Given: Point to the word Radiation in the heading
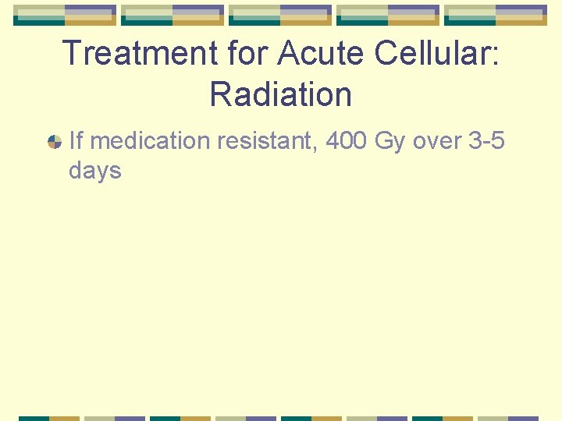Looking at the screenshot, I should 281,94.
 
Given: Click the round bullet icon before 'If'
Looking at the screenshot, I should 55,142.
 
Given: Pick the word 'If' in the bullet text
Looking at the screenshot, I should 76,141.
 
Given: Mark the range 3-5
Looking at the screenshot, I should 486,141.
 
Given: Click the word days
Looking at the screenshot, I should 95,170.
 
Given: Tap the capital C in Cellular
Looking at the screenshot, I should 387,53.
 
